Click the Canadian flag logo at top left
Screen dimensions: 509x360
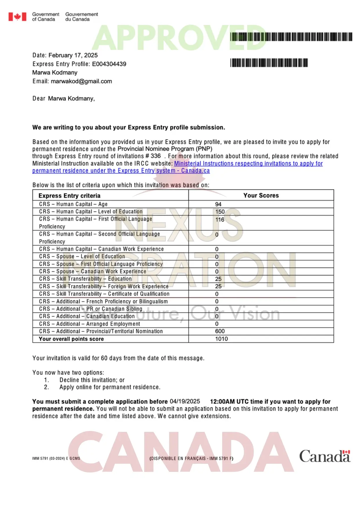[x=17, y=17]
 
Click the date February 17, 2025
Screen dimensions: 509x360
[x=73, y=55]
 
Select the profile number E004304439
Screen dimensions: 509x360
[x=109, y=64]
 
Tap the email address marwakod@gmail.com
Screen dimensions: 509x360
[x=81, y=81]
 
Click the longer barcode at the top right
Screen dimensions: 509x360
[x=291, y=37]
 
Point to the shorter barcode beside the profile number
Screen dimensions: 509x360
[x=269, y=63]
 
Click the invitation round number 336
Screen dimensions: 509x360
[x=155, y=156]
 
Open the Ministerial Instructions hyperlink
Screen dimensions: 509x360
[x=248, y=164]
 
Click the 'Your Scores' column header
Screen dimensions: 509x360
[x=261, y=195]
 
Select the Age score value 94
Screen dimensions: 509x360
[x=218, y=204]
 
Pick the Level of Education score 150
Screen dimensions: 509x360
[x=220, y=212]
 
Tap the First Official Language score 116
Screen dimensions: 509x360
[x=220, y=220]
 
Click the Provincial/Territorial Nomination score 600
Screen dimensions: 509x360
[x=220, y=331]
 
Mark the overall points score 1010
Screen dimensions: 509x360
[x=221, y=339]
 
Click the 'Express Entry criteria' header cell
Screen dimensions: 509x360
[x=69, y=196]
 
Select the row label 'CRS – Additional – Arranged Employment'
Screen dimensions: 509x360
[x=89, y=324]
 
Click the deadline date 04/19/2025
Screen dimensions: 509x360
[x=185, y=401]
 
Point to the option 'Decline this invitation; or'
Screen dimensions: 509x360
[x=92, y=380]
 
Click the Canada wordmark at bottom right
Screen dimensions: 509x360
[x=325, y=456]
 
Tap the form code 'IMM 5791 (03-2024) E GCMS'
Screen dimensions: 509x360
[x=56, y=459]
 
